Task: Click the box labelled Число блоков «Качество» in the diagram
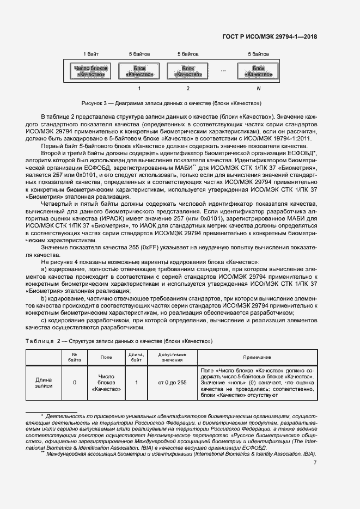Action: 91,71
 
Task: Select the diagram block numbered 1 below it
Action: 140,71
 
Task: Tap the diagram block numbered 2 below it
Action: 188,71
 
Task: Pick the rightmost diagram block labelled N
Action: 259,71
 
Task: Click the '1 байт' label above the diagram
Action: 91,54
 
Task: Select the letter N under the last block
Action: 259,88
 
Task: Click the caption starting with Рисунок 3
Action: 172,103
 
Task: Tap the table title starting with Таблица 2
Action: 119,341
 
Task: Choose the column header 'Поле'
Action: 106,357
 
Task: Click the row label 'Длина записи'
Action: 44,383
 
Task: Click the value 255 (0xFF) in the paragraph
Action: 124,248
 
